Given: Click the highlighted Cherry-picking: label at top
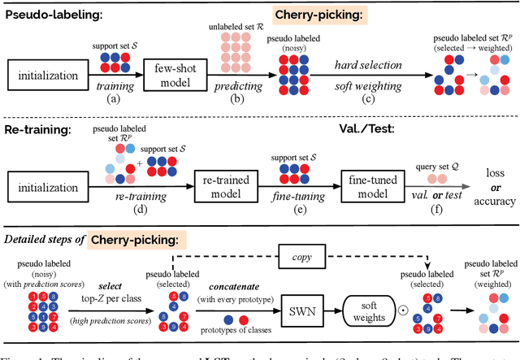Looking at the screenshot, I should click(x=318, y=15).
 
